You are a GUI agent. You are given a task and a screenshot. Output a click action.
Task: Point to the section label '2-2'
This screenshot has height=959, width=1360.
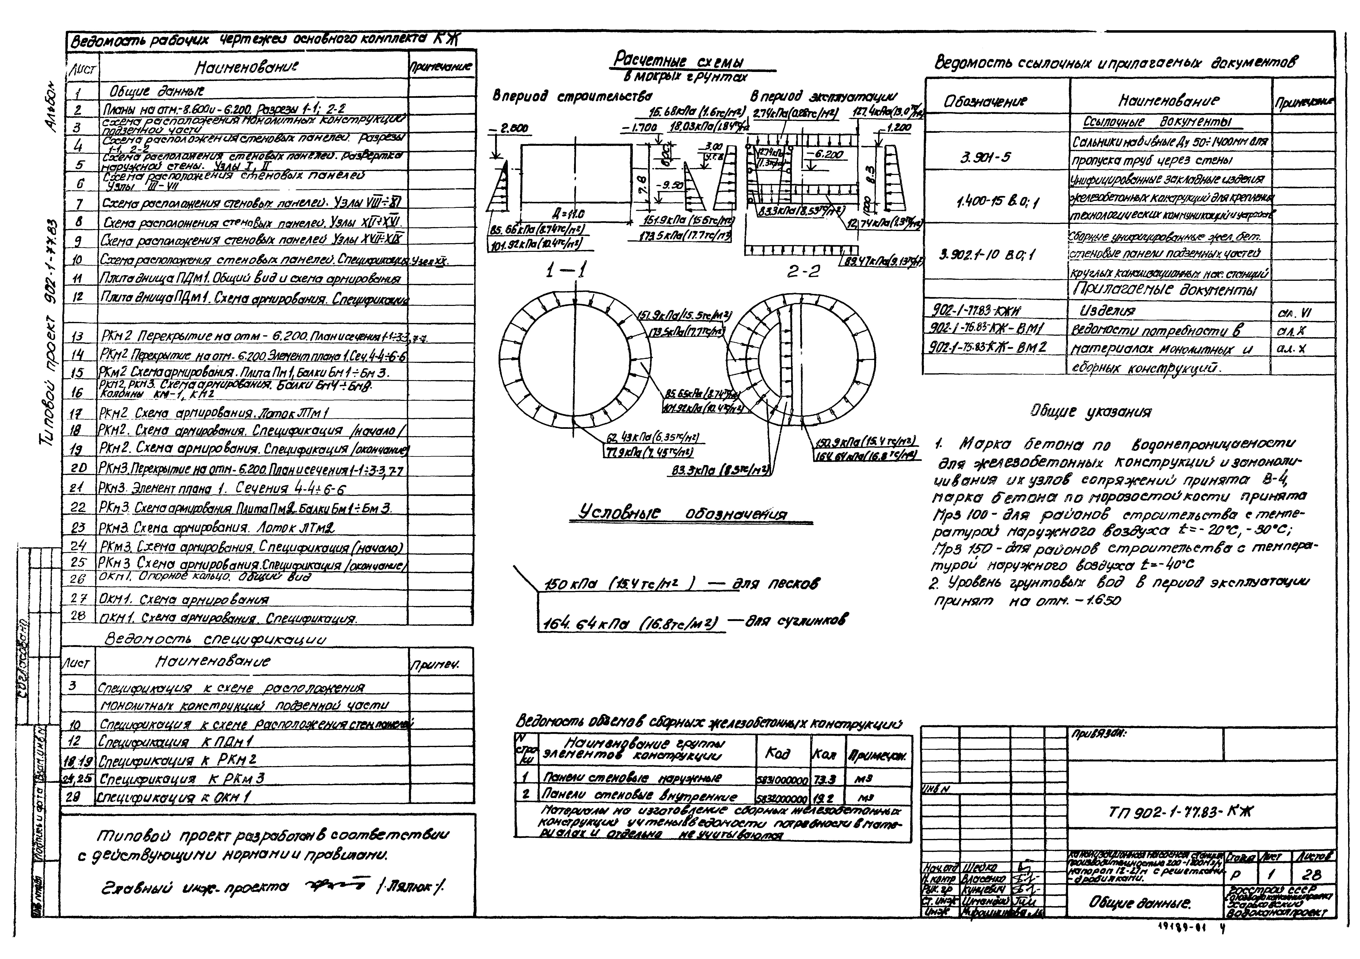pyautogui.click(x=804, y=271)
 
